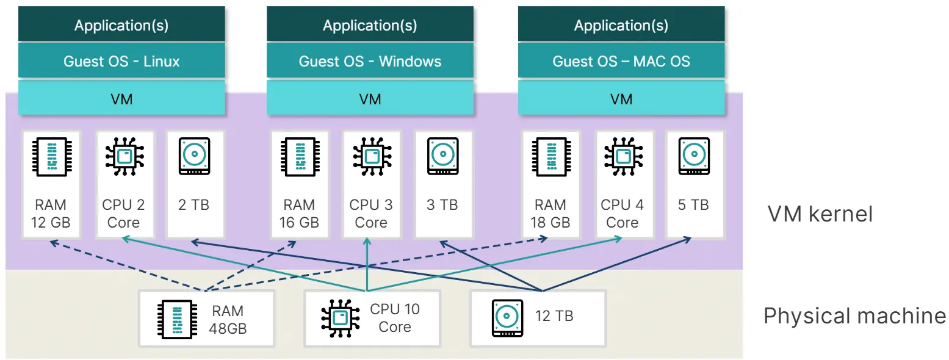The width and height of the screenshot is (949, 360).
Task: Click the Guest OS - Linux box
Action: pos(121,61)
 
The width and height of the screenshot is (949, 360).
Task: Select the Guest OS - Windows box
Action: pos(370,61)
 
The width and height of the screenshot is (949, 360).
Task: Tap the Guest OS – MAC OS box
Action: pos(621,61)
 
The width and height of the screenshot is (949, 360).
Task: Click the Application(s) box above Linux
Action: pos(121,25)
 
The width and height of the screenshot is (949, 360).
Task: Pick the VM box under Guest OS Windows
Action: pos(370,99)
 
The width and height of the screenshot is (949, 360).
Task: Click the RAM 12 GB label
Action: pos(51,214)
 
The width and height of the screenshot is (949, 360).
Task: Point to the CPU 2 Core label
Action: pos(123,214)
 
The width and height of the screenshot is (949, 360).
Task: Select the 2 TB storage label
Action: pos(194,205)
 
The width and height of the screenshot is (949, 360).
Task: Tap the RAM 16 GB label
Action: pos(299,214)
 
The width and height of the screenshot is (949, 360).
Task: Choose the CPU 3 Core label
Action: pos(371,214)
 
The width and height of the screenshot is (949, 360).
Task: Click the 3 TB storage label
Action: pos(442,205)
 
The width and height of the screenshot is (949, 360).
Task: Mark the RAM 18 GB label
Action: pos(550,214)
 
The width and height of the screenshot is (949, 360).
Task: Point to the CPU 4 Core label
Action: pos(622,214)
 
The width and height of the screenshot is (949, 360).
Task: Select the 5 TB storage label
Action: pos(693,205)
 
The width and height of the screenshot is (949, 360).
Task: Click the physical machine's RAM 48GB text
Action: pos(228,319)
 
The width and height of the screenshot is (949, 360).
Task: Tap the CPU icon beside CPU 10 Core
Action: pos(340,319)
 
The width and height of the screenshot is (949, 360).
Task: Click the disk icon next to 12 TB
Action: pos(507,319)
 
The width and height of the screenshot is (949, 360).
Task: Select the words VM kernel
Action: pos(820,214)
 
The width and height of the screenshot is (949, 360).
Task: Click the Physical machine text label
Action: pos(854,316)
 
